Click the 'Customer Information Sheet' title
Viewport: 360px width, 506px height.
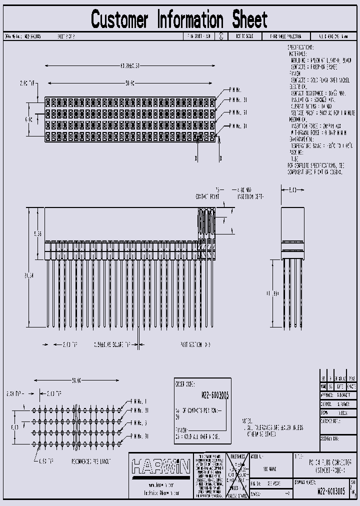pyautogui.click(x=179, y=19)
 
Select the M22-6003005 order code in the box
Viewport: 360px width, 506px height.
pyautogui.click(x=215, y=395)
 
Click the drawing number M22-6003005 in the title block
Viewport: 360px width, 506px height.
pyautogui.click(x=331, y=491)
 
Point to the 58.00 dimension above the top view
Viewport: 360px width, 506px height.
pyautogui.click(x=130, y=83)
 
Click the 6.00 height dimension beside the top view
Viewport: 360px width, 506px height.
pyautogui.click(x=29, y=119)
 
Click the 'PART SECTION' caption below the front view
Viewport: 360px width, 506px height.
pyautogui.click(x=195, y=345)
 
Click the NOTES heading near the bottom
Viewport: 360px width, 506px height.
pyautogui.click(x=247, y=421)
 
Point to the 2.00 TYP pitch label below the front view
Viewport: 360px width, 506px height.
pyautogui.click(x=69, y=345)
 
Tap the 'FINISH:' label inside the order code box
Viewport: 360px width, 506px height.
pyautogui.click(x=181, y=429)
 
